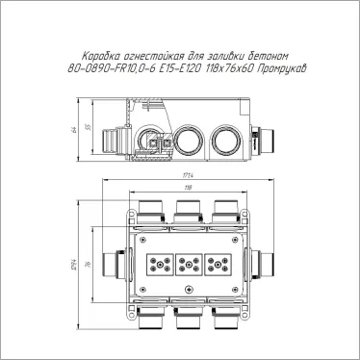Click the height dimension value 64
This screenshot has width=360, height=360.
[73, 131]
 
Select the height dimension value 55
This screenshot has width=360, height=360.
[85, 127]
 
